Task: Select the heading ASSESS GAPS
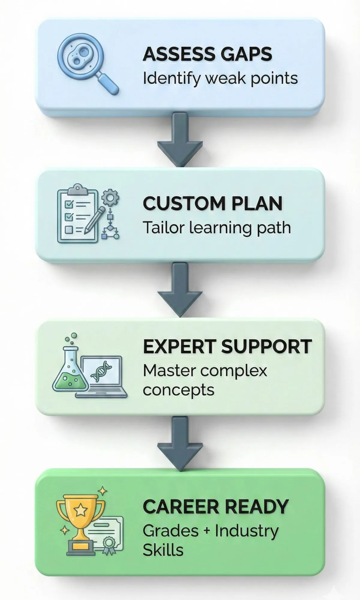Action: point(207,54)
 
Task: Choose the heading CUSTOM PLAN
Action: point(212,203)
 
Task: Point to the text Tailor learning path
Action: point(217,228)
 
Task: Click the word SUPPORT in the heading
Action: point(266,346)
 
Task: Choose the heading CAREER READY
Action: point(215,506)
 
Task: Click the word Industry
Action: point(247,531)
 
